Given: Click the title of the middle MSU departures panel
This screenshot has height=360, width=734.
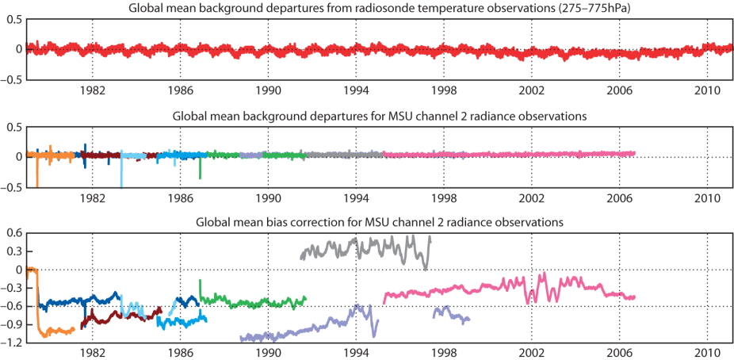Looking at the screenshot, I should (380, 116).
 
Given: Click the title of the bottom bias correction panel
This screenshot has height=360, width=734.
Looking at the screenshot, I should (380, 223).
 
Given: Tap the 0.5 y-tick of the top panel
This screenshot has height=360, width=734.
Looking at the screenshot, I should (13, 18).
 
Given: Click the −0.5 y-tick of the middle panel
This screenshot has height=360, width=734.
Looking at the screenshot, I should (11, 187).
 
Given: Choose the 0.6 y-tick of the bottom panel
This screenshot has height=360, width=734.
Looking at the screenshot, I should (14, 233).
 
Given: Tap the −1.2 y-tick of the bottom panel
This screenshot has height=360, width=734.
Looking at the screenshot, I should (11, 343).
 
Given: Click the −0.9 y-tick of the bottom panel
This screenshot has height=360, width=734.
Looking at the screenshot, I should (11, 324).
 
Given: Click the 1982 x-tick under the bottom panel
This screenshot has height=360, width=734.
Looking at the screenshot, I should (93, 353).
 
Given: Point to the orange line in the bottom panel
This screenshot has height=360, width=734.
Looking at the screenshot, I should (55, 331).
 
